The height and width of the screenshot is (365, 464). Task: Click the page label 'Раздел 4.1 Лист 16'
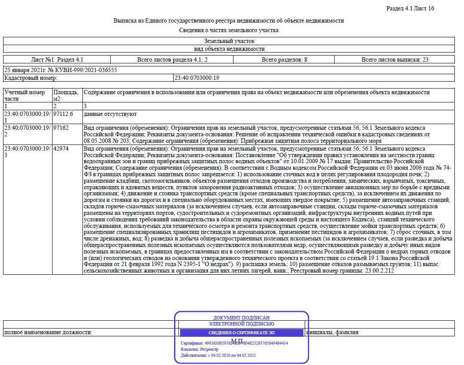click(x=410, y=9)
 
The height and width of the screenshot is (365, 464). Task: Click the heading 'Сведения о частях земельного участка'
click(x=229, y=30)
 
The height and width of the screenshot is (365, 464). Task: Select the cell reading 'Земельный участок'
click(x=229, y=41)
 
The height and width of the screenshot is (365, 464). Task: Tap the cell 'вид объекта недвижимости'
click(x=229, y=49)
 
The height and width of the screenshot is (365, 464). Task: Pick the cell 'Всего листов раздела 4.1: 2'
click(x=172, y=59)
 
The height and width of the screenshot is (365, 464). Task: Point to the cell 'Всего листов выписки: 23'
click(x=395, y=59)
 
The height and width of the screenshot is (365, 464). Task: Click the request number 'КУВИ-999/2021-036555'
click(x=85, y=70)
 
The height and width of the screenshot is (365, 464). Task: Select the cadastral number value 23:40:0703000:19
click(x=197, y=78)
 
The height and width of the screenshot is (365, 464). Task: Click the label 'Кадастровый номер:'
click(x=30, y=78)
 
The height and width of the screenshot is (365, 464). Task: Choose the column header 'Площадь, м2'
click(x=66, y=95)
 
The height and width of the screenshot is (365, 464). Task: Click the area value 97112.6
click(x=63, y=114)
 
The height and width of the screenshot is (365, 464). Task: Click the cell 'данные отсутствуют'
click(x=110, y=114)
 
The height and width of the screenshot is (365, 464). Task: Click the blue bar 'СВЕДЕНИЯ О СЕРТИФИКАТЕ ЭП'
click(x=241, y=333)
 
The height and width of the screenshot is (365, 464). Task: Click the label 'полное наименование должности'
click(x=47, y=332)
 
